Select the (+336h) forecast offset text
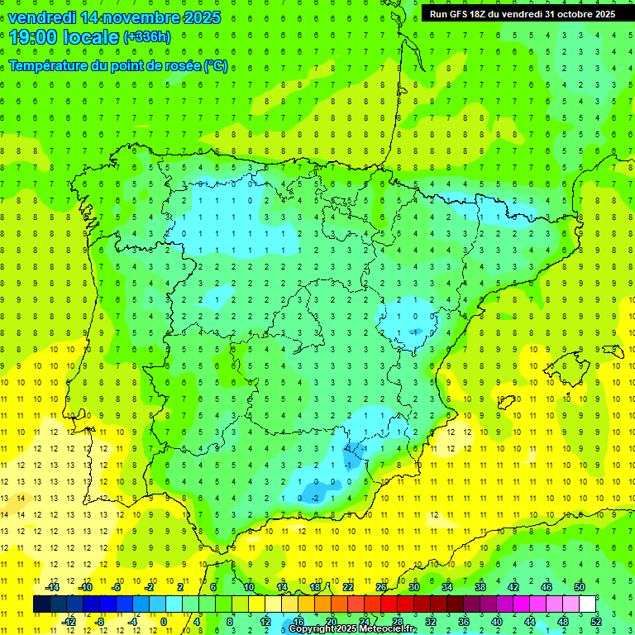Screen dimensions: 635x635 point(146,37)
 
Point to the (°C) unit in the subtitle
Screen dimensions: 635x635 point(216,65)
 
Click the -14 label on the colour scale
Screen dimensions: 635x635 point(52,587)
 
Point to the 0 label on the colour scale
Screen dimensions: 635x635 point(163,621)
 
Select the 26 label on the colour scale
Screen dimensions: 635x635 point(381,587)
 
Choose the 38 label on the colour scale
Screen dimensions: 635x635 point(480,587)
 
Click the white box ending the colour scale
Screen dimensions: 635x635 point(588,604)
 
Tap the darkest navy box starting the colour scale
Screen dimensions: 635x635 point(41,604)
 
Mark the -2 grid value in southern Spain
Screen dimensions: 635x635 point(315,499)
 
